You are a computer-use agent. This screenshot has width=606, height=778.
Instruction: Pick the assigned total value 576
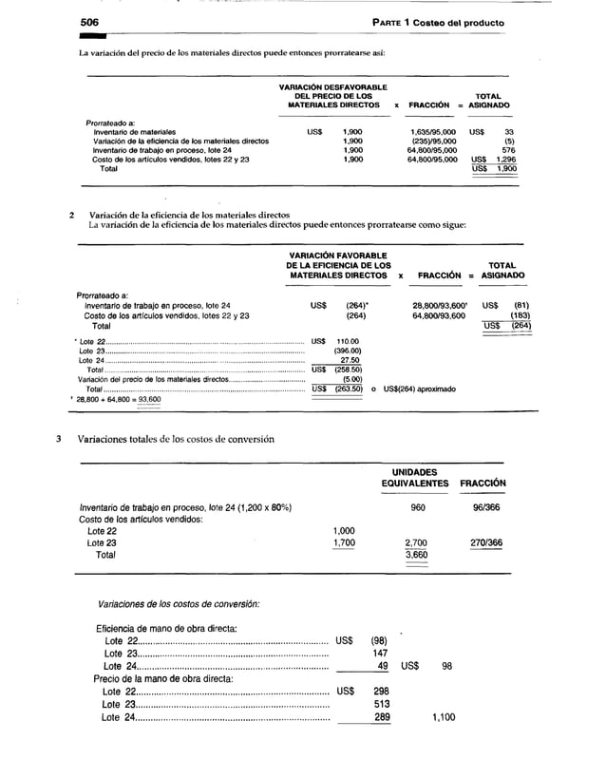508,150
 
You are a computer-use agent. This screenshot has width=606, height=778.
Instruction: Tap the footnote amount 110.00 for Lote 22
344,341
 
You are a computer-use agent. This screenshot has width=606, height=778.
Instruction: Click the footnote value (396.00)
343,351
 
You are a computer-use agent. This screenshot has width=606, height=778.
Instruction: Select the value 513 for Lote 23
381,704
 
